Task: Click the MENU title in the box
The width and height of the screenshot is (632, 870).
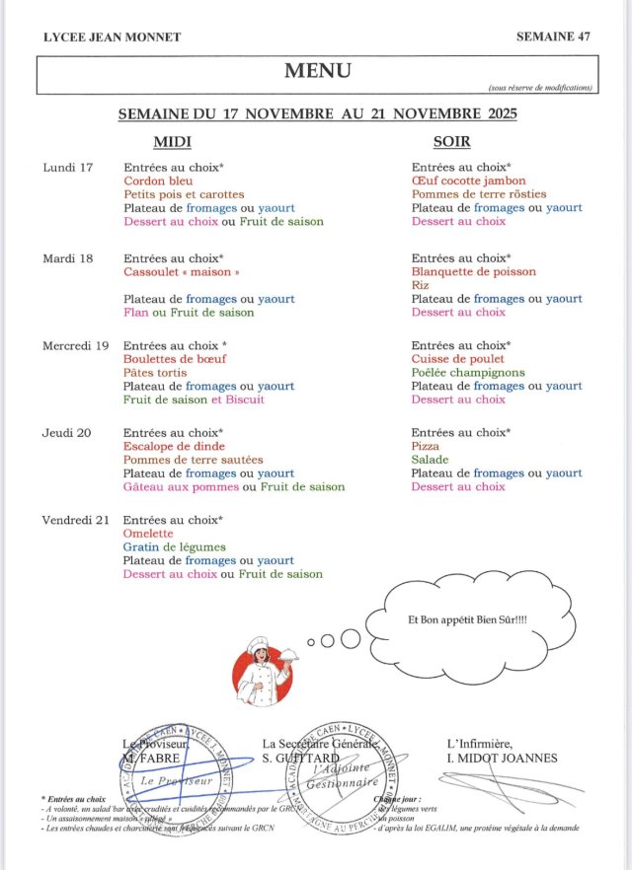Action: pos(317,71)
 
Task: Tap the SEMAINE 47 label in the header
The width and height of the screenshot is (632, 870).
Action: pos(553,36)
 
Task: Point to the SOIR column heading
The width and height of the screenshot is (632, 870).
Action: pos(457,142)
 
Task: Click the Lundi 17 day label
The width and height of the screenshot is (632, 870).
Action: pos(68,168)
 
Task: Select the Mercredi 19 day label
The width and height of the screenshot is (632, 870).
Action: pos(75,346)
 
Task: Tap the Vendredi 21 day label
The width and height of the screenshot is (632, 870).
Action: pos(75,520)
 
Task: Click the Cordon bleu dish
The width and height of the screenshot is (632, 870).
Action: pos(158,181)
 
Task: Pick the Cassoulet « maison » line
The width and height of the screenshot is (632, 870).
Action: pos(182,271)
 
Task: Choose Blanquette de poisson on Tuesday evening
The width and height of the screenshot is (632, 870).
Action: pos(474,271)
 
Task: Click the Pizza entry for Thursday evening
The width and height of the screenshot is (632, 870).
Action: pos(426,447)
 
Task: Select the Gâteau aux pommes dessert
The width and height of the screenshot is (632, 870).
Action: pos(182,486)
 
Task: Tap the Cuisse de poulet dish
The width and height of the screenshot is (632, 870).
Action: pos(458,359)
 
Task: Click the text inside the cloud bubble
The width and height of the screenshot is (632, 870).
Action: pos(467,619)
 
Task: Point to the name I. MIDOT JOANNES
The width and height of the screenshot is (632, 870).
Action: pos(502,758)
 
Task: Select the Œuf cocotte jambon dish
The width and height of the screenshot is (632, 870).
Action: pos(469,181)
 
